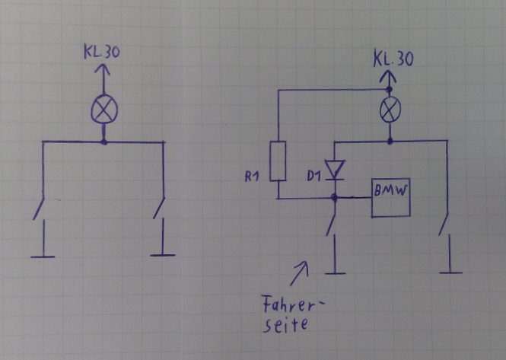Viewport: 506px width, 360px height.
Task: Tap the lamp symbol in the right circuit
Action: pyautogui.click(x=390, y=111)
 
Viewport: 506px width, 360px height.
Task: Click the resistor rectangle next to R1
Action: pyautogui.click(x=278, y=161)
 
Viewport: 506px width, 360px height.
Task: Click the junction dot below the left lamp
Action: pyautogui.click(x=104, y=142)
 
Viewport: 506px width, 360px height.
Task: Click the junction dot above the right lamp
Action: pyautogui.click(x=390, y=90)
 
